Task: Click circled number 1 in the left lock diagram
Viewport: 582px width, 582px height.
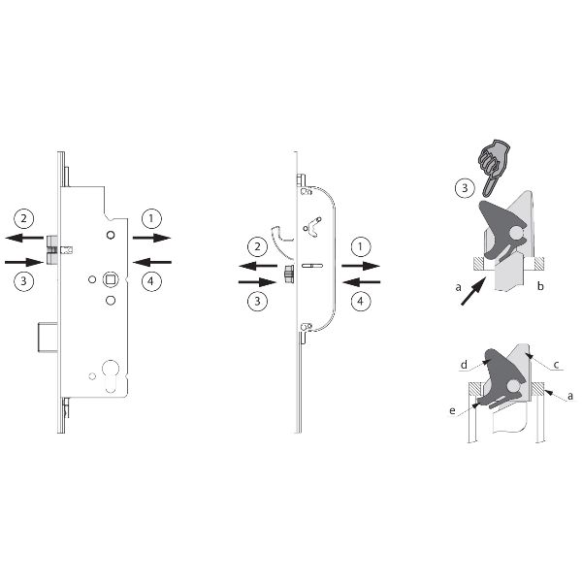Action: coord(151,218)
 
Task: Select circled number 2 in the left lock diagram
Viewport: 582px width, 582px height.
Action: coord(23,218)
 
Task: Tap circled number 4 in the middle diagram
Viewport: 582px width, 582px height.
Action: coord(360,301)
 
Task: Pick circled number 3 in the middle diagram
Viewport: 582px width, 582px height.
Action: coord(257,301)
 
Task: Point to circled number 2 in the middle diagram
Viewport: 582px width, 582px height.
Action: coord(257,246)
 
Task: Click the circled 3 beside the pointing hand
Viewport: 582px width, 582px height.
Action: coord(465,188)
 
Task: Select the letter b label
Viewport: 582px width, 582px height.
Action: coord(540,286)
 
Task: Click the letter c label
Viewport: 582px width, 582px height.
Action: coord(556,365)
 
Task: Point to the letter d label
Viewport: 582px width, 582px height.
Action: coord(464,365)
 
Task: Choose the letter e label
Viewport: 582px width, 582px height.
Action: coord(452,410)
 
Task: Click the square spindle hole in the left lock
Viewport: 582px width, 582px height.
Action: coord(111,279)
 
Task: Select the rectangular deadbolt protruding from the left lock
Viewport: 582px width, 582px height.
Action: coord(48,338)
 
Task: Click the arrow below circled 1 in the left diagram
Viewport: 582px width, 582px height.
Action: coord(152,238)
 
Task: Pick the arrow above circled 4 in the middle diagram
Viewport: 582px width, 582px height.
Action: coord(361,282)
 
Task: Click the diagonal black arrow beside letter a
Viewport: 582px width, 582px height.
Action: coord(473,291)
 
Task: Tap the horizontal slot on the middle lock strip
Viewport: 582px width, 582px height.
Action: coord(312,266)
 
